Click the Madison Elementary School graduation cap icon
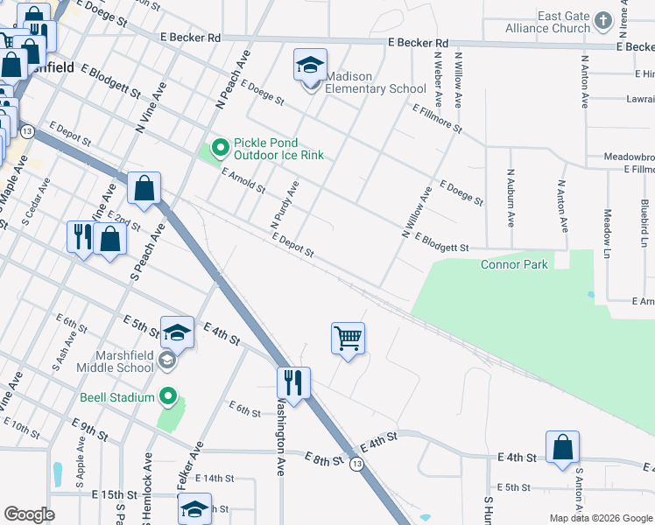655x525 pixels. pos(310,66)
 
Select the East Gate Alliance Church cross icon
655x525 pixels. pos(602,20)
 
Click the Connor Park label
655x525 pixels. pos(514,264)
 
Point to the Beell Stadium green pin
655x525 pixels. pos(169,397)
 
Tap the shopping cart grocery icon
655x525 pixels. pos(348,338)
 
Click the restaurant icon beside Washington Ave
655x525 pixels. pos(292,382)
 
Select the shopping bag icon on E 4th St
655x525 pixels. pos(562,447)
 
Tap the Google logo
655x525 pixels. pos(29,514)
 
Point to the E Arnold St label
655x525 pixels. pos(243,180)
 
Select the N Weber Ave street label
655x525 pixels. pos(436,80)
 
